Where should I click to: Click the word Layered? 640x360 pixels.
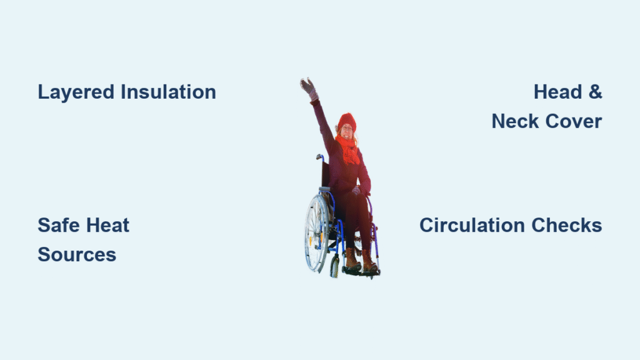pos(76,92)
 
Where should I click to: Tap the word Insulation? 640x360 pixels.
pos(168,92)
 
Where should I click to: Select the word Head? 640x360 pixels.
pos(557,92)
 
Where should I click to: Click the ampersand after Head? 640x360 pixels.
pos(596,92)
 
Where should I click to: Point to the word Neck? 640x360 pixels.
pos(515,121)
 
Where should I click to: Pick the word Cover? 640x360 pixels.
pos(574,121)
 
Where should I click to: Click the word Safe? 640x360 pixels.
pos(58,225)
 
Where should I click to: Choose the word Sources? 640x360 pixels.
pos(77,255)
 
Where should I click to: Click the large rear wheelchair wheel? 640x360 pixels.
pos(316,232)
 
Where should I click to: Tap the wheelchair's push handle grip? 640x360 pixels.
pos(319,156)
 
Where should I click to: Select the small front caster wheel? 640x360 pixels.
pos(335,266)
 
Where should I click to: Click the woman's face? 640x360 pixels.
pos(347,131)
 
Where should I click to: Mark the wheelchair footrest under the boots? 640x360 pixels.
pos(361,271)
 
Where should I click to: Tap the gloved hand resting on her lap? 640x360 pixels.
pos(356,190)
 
